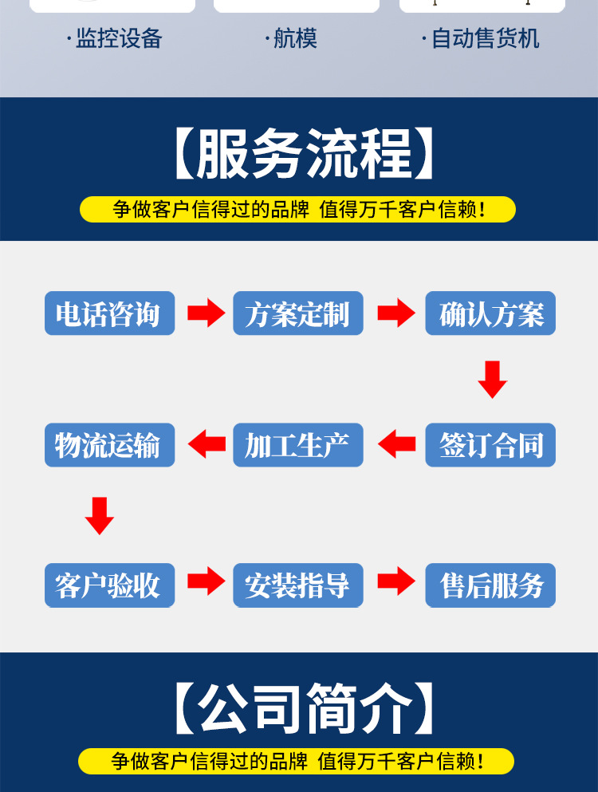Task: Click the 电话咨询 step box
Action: click(x=109, y=313)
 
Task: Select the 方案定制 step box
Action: click(x=298, y=313)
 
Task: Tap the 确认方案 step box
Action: click(x=490, y=313)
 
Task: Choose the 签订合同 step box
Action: click(x=490, y=445)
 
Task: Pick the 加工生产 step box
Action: click(x=298, y=445)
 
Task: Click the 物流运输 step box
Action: click(x=109, y=445)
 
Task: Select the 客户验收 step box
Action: click(x=109, y=585)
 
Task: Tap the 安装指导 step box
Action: click(x=298, y=585)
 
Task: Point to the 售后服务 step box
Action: click(x=490, y=585)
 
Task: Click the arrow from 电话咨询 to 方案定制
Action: click(x=206, y=313)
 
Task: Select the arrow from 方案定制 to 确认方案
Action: click(x=395, y=313)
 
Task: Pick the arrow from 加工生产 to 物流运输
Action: click(x=206, y=444)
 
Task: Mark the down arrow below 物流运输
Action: click(x=100, y=515)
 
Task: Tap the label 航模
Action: click(x=295, y=38)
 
